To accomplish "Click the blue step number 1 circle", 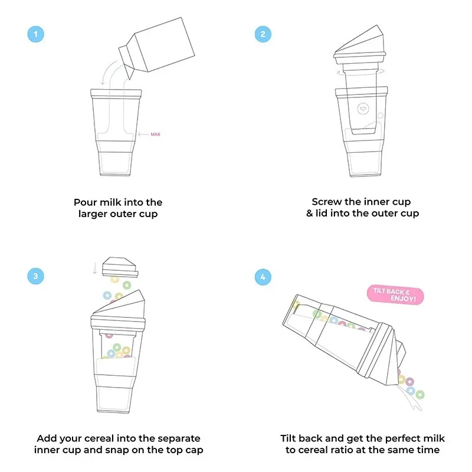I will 37,34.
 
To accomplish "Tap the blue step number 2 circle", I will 263,34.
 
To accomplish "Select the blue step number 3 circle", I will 37,276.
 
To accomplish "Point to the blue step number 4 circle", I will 263,276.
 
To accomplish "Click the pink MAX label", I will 156,135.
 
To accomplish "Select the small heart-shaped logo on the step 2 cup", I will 362,109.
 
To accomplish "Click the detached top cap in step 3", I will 119,267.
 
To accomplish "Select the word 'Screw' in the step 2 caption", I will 327,202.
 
